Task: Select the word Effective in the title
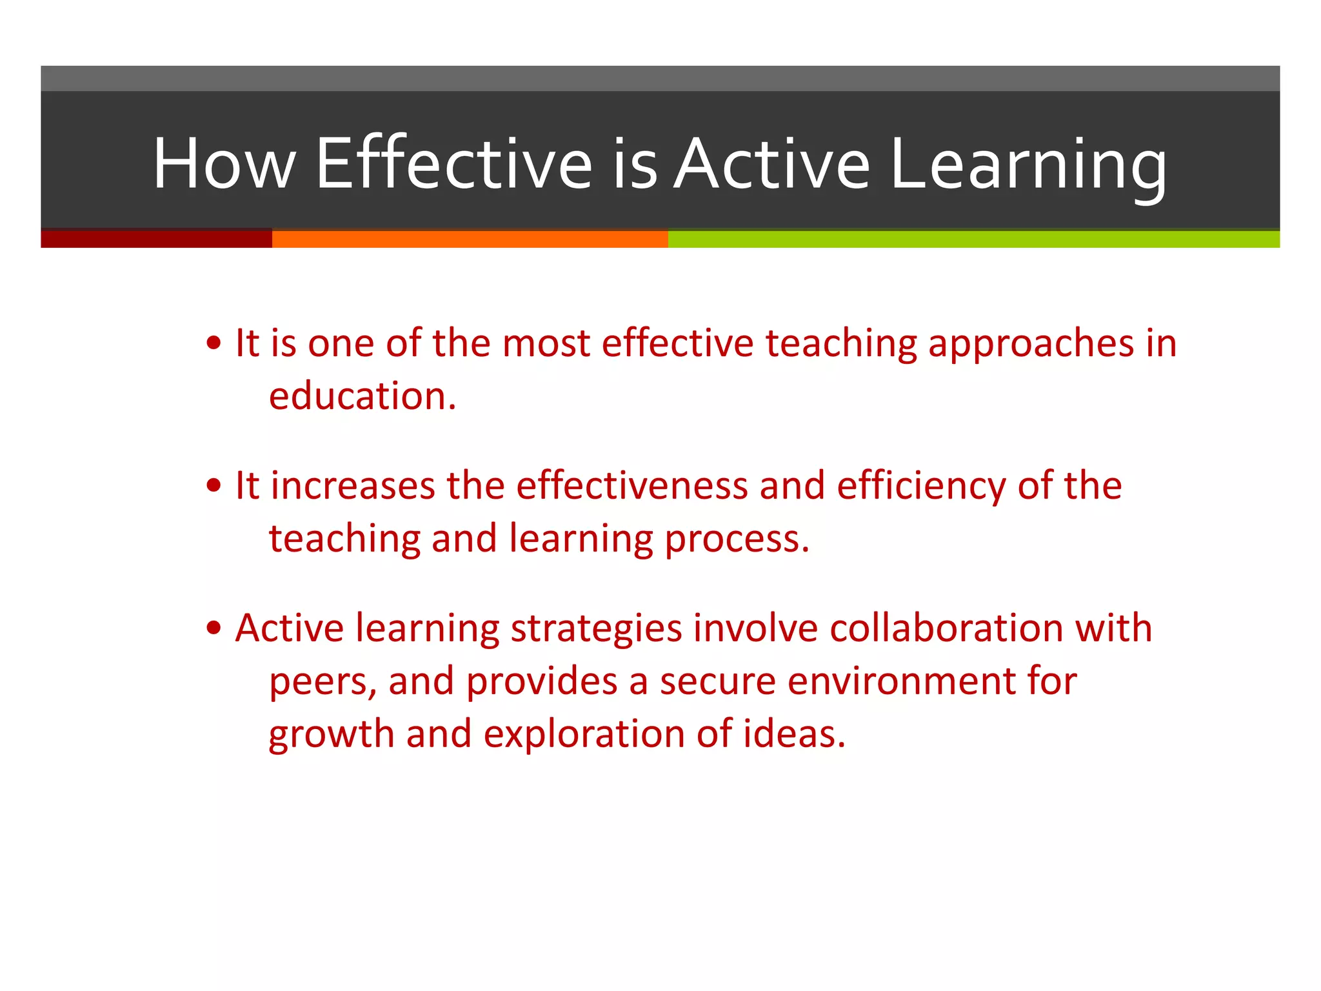click(x=453, y=164)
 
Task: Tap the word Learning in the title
click(x=1028, y=166)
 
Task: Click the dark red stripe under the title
click(x=156, y=239)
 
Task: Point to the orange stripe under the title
click(x=470, y=239)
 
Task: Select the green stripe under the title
click(x=973, y=239)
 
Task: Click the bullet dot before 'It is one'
click(x=214, y=343)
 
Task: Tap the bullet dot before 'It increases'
click(x=214, y=486)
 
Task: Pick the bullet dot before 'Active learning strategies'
click(x=214, y=628)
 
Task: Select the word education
click(x=362, y=396)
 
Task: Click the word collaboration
click(x=946, y=628)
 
